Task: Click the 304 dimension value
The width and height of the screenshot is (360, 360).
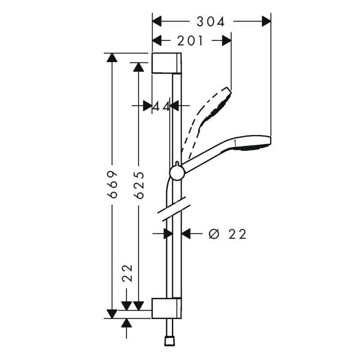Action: coord(211,22)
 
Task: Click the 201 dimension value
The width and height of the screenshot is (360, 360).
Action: coord(190,41)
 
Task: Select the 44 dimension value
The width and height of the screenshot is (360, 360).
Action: coord(162,106)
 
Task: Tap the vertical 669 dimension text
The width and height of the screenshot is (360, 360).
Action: coord(112,184)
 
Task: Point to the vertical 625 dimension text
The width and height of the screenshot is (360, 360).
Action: coord(139,185)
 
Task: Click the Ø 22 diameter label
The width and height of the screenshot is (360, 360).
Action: coord(227,234)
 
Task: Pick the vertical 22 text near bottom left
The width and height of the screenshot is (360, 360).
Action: coord(128,273)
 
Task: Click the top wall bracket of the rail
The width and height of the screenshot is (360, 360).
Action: coord(166,63)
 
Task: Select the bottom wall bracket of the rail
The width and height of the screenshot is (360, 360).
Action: coord(166,308)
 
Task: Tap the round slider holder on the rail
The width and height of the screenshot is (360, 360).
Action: coord(177,173)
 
